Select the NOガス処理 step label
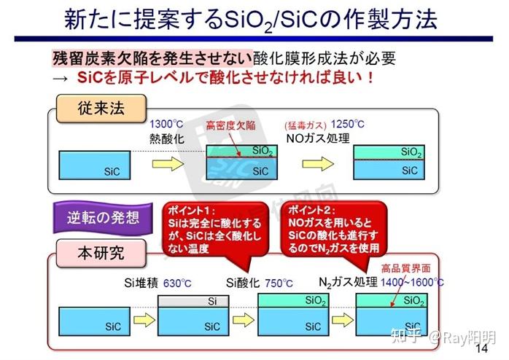pyautogui.click(x=318, y=138)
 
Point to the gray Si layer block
pyautogui.click(x=211, y=300)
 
